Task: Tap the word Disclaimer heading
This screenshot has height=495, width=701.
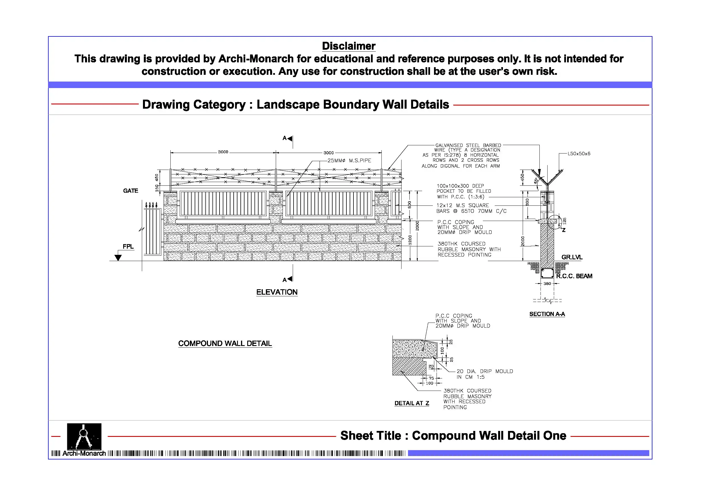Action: pos(349,46)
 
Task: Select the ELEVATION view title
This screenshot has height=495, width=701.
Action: pos(277,292)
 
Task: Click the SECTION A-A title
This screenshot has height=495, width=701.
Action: pos(547,314)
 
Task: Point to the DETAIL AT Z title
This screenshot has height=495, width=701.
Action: pos(412,403)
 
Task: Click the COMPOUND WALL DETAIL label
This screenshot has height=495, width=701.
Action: pos(225,343)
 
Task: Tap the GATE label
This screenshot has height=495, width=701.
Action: pos(130,191)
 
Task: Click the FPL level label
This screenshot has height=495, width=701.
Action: pos(128,246)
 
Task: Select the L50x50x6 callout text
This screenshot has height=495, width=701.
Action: pos(579,154)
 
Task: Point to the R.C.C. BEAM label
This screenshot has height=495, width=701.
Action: pos(574,276)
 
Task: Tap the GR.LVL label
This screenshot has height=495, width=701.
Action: pos(572,257)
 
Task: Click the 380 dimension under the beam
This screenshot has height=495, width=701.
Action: pos(547,284)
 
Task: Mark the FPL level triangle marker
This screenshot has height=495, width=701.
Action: pos(118,258)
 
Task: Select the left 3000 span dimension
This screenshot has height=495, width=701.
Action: pos(223,152)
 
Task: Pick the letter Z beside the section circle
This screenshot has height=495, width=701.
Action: pos(564,230)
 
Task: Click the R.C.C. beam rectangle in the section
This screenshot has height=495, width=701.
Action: pos(547,273)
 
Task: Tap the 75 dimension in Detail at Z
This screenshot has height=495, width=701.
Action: pos(431,378)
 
